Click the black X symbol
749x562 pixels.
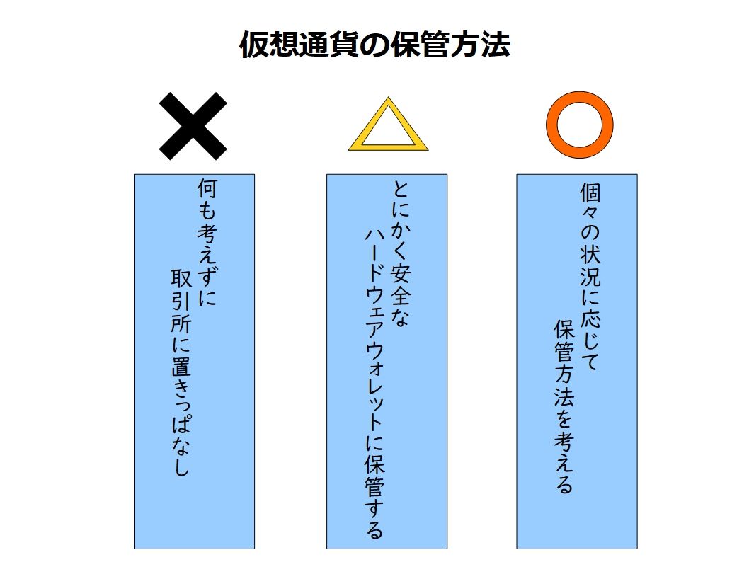[193, 126]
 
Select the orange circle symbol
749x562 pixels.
[579, 125]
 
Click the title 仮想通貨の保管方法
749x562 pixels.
[374, 45]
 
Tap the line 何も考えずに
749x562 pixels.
[207, 243]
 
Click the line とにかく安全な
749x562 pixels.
[401, 254]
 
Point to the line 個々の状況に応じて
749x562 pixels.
[590, 277]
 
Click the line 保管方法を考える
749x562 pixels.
[564, 407]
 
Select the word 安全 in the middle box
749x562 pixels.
[401, 285]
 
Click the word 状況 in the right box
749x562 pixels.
[590, 263]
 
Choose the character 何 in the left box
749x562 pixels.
[207, 190]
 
